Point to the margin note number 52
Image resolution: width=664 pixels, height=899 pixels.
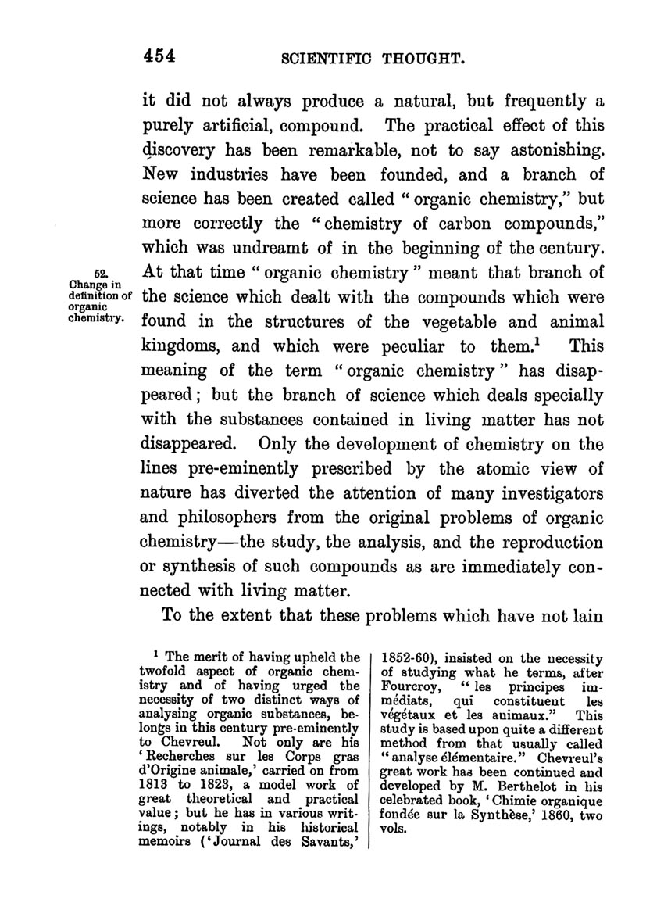tap(100, 273)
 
